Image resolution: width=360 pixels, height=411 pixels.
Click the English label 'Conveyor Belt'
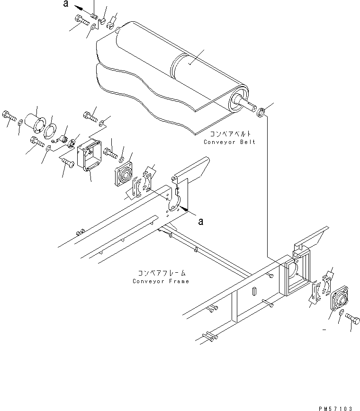(x=229, y=142)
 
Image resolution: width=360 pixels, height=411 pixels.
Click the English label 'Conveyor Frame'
(x=161, y=281)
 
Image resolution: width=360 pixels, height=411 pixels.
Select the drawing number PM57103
(x=335, y=408)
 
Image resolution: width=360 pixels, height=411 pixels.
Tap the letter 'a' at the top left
(x=66, y=3)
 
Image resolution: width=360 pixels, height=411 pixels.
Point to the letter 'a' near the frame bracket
(x=200, y=222)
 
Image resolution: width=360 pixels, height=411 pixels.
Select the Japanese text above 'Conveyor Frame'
(x=162, y=273)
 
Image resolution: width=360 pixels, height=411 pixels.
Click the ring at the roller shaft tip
(x=261, y=112)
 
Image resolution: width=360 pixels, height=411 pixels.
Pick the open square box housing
(x=89, y=155)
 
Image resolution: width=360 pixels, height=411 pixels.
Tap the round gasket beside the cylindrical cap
(x=50, y=131)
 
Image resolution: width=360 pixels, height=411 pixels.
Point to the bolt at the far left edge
(x=9, y=116)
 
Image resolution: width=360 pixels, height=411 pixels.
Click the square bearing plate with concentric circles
(x=123, y=173)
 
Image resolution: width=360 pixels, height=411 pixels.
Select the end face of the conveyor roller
(x=238, y=100)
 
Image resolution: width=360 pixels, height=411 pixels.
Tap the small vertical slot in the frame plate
(x=254, y=292)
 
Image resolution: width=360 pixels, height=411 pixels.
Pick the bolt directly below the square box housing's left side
(x=68, y=163)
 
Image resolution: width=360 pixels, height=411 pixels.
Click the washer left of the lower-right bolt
(x=341, y=313)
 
